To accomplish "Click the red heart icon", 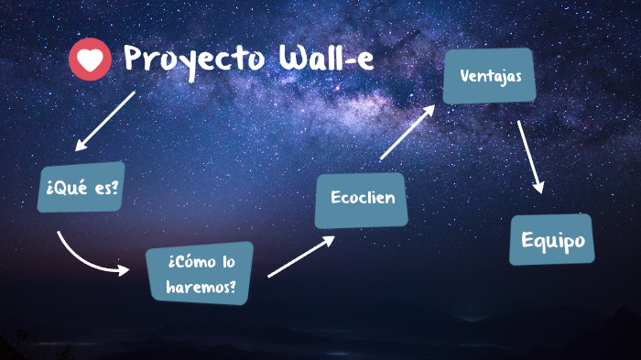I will coord(89,60).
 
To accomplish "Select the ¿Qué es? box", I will coord(81,187).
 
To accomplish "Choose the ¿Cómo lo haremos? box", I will coord(201,274).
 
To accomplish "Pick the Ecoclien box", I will coord(361,199).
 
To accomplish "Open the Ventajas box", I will coord(489,75).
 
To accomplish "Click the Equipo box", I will coord(552,240).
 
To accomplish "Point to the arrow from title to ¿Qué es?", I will coord(105,120).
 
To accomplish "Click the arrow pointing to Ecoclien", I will coord(300,256).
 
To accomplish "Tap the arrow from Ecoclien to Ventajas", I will coord(407,133).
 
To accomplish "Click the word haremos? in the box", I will coord(201,287).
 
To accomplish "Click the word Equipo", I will coord(552,240).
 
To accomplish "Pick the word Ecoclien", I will coord(361,199).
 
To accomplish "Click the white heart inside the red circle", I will coord(89,60).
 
